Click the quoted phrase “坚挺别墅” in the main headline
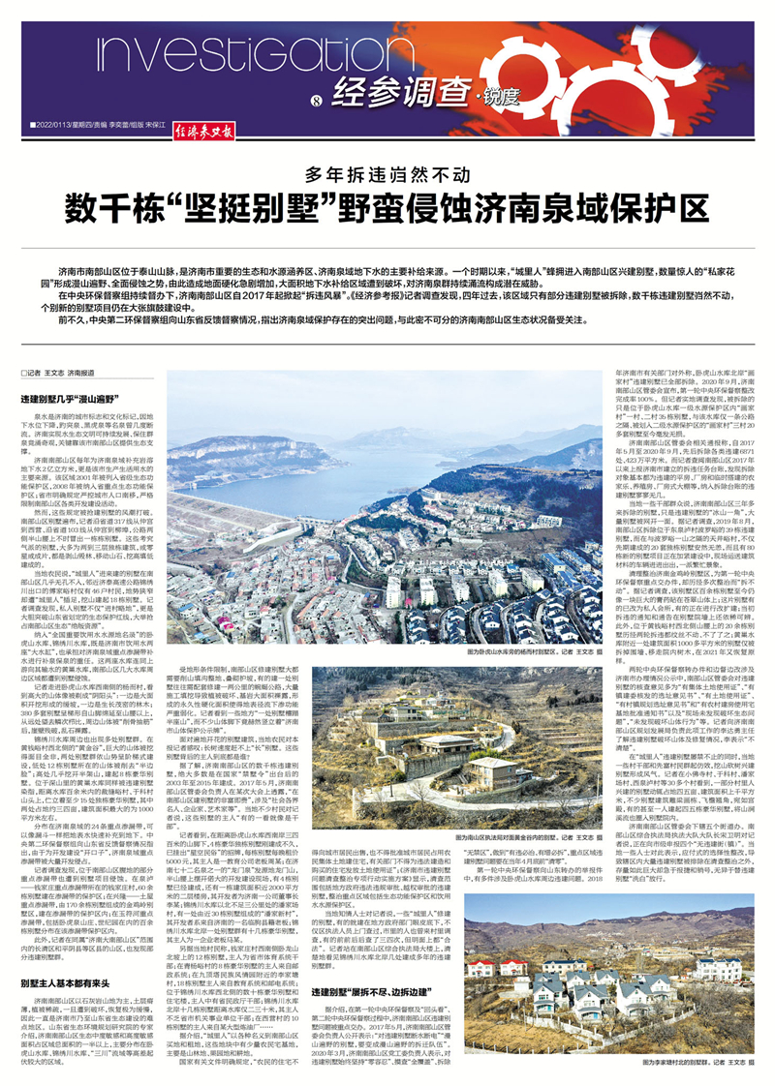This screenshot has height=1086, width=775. coord(233,208)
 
